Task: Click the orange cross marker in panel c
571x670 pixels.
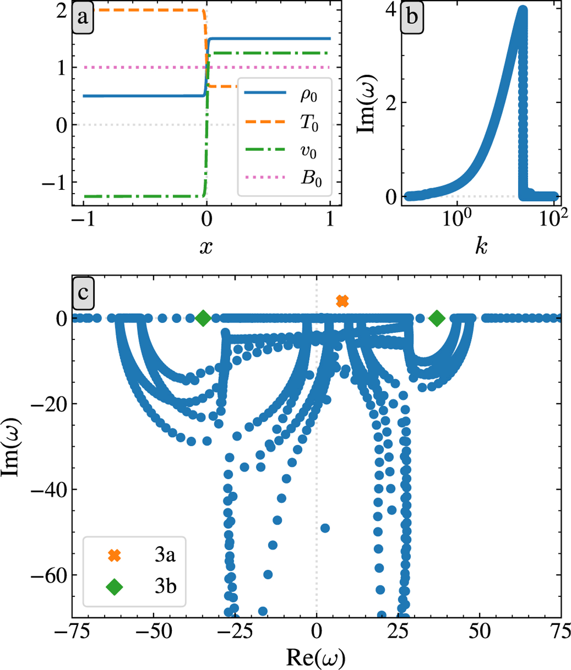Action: (342, 301)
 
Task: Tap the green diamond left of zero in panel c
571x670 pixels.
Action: (203, 318)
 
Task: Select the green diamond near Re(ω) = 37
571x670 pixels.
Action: (436, 318)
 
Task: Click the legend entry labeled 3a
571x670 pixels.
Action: (165, 555)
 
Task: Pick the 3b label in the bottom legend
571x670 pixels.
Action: (165, 587)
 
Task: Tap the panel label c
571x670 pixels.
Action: (83, 292)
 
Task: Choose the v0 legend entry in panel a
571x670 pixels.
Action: (308, 152)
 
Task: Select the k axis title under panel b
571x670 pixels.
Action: (481, 246)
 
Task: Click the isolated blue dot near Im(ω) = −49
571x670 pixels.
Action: (325, 528)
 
